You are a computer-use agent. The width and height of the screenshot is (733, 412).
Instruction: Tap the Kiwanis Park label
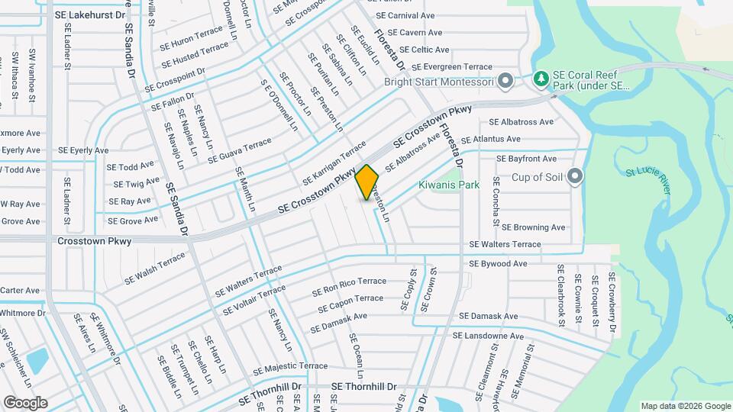click(x=448, y=185)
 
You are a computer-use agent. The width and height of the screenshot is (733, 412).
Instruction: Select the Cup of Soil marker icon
click(x=576, y=178)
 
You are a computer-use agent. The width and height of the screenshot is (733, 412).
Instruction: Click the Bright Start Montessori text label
click(x=438, y=82)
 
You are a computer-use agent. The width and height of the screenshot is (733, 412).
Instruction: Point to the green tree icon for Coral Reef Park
click(x=541, y=79)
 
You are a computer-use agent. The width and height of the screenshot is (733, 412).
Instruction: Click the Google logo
click(x=25, y=402)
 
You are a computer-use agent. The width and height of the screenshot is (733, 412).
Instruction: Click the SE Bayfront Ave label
click(x=527, y=159)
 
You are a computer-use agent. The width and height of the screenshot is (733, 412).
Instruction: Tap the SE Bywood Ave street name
click(x=498, y=264)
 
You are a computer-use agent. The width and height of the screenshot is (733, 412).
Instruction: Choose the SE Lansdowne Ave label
click(x=488, y=336)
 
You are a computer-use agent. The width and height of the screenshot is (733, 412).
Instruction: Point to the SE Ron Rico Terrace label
click(x=349, y=287)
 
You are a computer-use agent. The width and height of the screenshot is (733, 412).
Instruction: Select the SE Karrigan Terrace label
click(x=334, y=163)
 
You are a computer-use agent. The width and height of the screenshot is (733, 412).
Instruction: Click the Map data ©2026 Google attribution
click(x=685, y=406)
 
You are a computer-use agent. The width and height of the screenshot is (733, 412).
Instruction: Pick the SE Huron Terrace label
click(x=191, y=40)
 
